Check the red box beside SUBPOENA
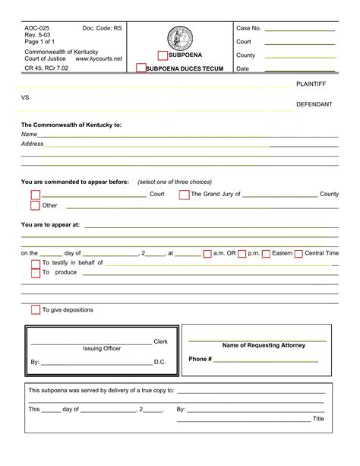pos(163,55)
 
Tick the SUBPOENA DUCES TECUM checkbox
pos(141,68)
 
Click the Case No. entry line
pos(299,29)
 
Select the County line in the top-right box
pos(299,56)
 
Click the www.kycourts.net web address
pos(99,59)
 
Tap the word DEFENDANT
pos(314,104)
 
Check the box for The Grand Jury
pos(184,195)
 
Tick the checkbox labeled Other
pos(35,205)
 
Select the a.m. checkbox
pos(207,254)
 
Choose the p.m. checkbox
pos(242,254)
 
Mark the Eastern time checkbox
pos(265,254)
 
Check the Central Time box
pos(298,254)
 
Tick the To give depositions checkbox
pos(35,310)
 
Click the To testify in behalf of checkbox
pos(35,264)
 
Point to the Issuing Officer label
pos(102,348)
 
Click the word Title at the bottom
pos(318,419)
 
